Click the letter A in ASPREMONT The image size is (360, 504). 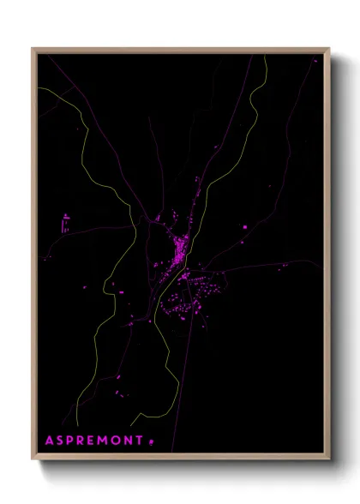(x=51, y=440)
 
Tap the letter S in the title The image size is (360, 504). (x=62, y=440)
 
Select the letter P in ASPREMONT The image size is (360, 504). (x=73, y=440)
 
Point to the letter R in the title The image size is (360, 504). (x=85, y=440)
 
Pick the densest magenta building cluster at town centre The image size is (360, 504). (x=180, y=254)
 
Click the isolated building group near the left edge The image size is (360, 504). (x=65, y=223)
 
